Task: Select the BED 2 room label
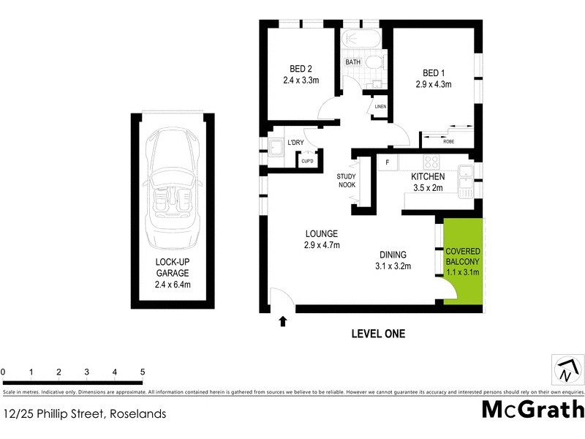click(299, 76)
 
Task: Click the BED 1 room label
click(433, 78)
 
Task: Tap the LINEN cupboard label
click(380, 107)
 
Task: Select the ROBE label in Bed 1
click(448, 141)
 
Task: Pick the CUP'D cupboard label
click(307, 161)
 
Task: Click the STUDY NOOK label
click(346, 181)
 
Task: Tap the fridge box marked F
click(387, 162)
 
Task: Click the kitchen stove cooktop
click(432, 163)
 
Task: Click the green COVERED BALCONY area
click(462, 260)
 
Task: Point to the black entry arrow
click(283, 320)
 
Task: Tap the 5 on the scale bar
click(142, 372)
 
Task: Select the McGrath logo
click(532, 409)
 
